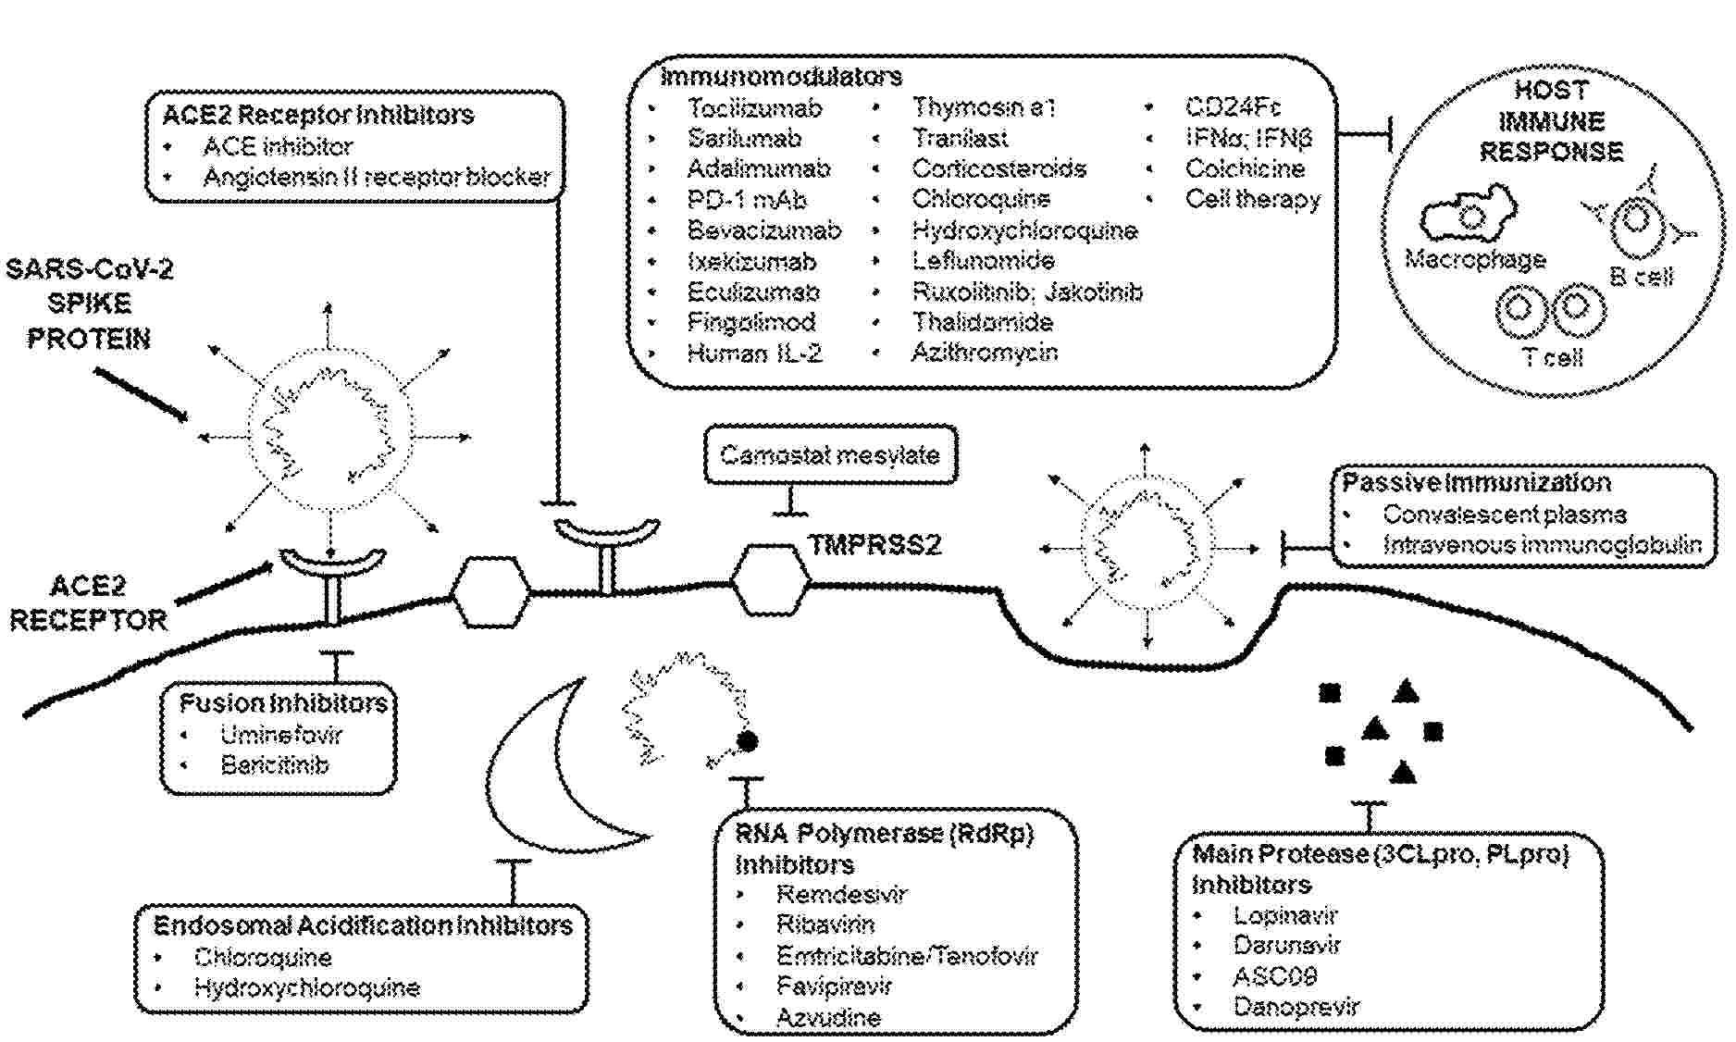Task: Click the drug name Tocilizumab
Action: pos(754,108)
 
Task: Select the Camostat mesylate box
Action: pos(830,455)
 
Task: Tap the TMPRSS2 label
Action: pos(875,545)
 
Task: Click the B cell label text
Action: pos(1642,276)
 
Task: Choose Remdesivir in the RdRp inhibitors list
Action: pos(841,894)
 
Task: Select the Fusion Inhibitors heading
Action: pos(283,703)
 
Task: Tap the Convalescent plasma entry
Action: pos(1504,515)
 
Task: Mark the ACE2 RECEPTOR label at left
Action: pos(88,603)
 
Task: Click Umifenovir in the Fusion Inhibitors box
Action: pos(281,736)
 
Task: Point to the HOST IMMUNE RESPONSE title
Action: pos(1552,121)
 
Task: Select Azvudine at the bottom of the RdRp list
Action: pos(828,1018)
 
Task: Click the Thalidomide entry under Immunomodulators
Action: pos(983,322)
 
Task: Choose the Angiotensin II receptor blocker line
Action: pos(377,177)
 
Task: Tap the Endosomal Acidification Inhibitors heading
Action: pos(363,925)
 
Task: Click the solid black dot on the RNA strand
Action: pos(747,741)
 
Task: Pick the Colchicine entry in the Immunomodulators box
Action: pos(1245,168)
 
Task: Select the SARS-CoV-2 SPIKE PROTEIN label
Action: pos(89,304)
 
